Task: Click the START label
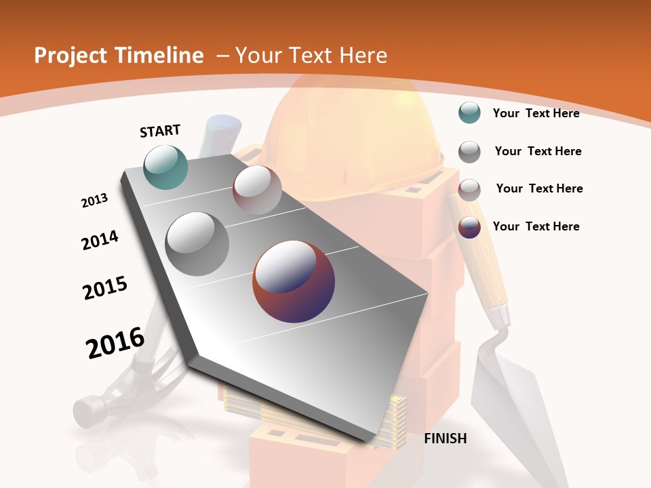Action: click(x=160, y=130)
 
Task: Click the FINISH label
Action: click(x=445, y=439)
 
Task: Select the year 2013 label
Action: click(x=94, y=200)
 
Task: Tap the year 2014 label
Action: click(x=100, y=240)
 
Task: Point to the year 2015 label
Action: click(x=104, y=288)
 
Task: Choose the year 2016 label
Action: click(x=115, y=343)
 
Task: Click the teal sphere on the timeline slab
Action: click(x=166, y=167)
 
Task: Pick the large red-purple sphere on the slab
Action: click(x=294, y=281)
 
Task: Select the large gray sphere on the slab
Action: click(x=197, y=244)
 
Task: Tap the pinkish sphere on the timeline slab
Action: click(x=257, y=190)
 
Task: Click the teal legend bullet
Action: click(x=469, y=113)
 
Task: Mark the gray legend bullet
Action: click(x=469, y=151)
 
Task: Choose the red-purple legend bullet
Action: click(x=469, y=227)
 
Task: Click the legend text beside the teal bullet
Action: click(x=536, y=113)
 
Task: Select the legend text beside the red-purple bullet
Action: click(x=536, y=226)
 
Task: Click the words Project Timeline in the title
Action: click(x=119, y=56)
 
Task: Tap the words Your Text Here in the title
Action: click(x=311, y=56)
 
